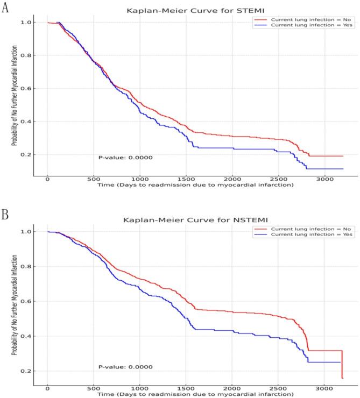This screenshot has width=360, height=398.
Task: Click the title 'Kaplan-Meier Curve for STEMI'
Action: tap(186, 10)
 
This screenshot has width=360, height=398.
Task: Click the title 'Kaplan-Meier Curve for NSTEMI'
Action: tap(186, 220)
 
